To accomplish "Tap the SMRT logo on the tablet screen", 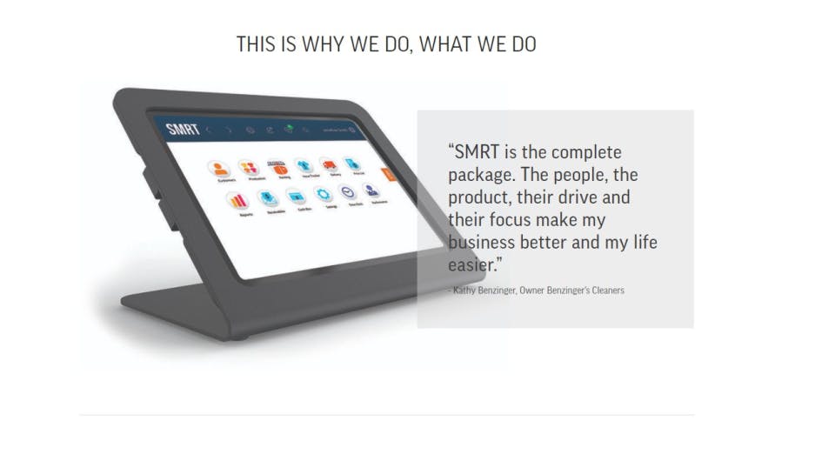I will (x=183, y=130).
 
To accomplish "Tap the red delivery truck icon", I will (x=328, y=165).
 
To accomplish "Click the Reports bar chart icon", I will (x=237, y=201).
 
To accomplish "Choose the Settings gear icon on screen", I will (x=322, y=193).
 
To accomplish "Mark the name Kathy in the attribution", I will (x=464, y=291).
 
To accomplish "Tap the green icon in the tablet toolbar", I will (x=288, y=130).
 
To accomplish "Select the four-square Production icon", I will (x=249, y=167).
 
